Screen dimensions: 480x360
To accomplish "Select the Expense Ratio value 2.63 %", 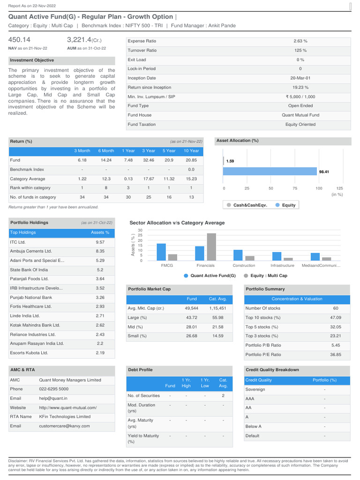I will click(x=300, y=41).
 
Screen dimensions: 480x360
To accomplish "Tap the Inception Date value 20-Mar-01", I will click(x=300, y=78).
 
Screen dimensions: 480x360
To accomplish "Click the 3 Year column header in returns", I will click(x=149, y=151).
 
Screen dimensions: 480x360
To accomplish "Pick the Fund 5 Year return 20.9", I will click(x=169, y=160).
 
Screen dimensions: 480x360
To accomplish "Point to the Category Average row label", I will click(x=28, y=179).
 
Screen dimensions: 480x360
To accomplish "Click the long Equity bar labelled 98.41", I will click(x=270, y=172).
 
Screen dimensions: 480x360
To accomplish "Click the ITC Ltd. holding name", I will click(x=18, y=242).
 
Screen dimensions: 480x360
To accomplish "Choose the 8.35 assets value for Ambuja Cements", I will click(x=100, y=251).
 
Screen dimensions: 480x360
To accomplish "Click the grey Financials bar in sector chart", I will click(x=211, y=247).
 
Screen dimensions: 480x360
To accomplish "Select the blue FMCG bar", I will click(x=161, y=252).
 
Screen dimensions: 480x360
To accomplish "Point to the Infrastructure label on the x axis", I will click(x=282, y=265).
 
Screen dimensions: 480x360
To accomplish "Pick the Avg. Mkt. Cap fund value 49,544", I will click(x=191, y=308).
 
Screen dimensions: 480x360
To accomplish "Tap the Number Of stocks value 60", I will click(x=336, y=308).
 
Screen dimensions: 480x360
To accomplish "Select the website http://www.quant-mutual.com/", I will click(x=67, y=408).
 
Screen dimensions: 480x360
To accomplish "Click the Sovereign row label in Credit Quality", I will click(x=255, y=390).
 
